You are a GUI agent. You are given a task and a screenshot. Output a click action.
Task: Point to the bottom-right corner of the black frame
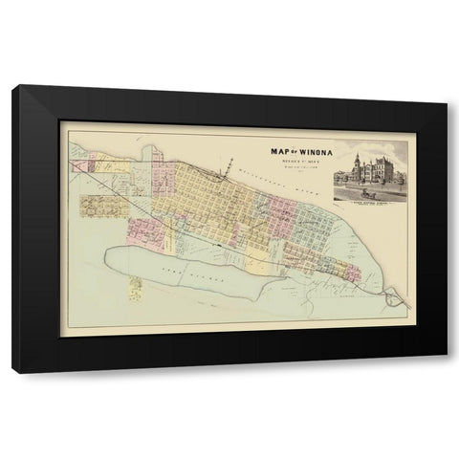[446, 371]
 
